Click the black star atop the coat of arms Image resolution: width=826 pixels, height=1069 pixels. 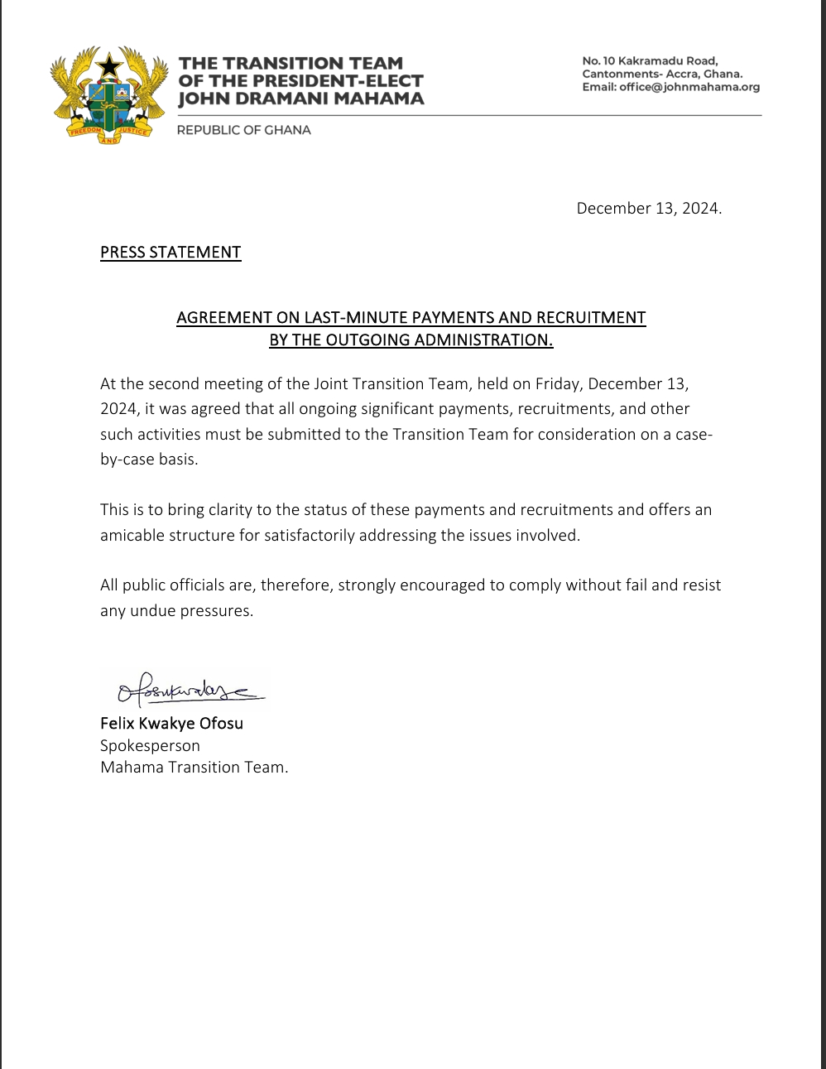coord(109,65)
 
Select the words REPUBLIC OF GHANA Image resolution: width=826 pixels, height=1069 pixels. coord(243,130)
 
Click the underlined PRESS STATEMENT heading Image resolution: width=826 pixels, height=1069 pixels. coord(170,253)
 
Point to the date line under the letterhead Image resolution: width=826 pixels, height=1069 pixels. coord(649,209)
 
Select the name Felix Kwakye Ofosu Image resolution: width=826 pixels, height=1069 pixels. coord(171,723)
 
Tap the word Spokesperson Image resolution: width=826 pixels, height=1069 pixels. coord(150,745)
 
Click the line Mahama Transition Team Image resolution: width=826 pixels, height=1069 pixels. coord(194,767)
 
